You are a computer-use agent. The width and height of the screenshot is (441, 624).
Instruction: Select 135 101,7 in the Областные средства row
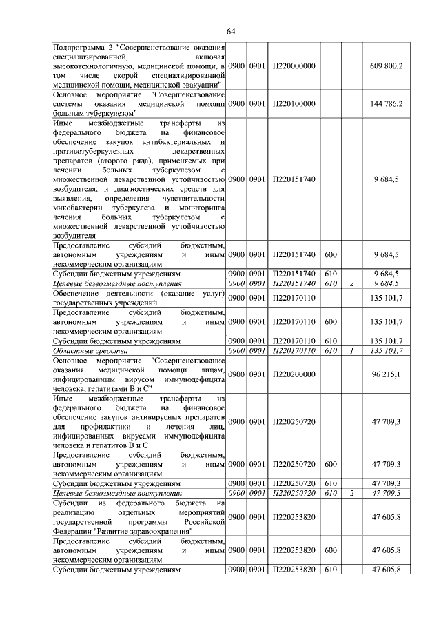coord(386,350)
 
